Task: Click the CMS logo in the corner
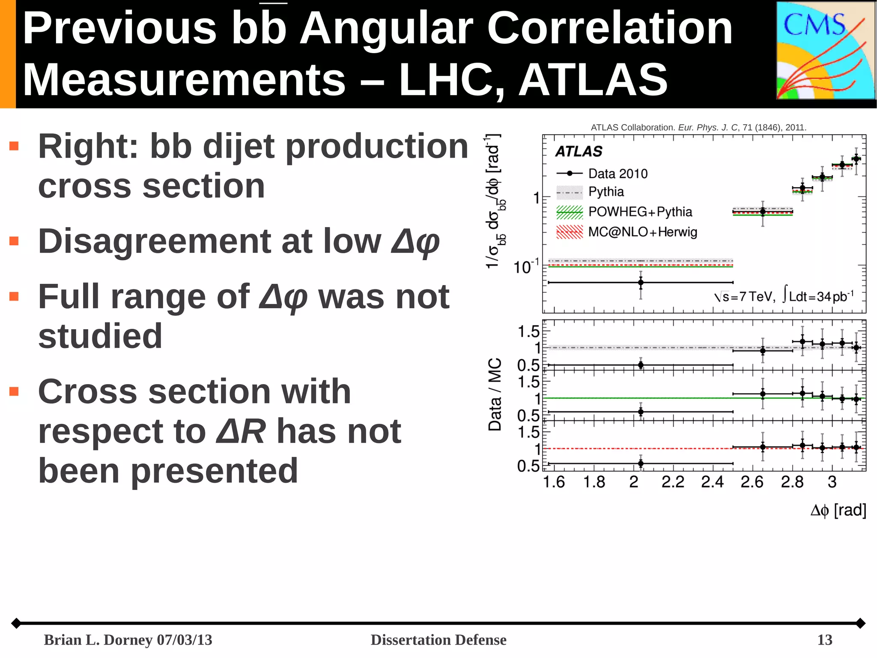[x=825, y=51]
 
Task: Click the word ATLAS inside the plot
[x=579, y=151]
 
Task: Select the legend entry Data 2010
[x=617, y=174]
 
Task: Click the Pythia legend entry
[x=606, y=192]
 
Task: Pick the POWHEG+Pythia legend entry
[x=640, y=212]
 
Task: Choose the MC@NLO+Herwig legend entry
[x=642, y=232]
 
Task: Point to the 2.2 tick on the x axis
[x=673, y=482]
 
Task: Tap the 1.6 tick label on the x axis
[x=554, y=482]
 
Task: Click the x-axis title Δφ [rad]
[x=838, y=510]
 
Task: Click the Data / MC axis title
[x=495, y=394]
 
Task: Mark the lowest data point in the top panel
[x=641, y=282]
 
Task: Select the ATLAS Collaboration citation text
[x=698, y=127]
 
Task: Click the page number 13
[x=824, y=640]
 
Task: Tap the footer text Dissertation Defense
[x=438, y=640]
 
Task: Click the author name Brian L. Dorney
[x=98, y=640]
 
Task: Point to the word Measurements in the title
[x=184, y=79]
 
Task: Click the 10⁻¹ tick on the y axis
[x=526, y=267]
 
